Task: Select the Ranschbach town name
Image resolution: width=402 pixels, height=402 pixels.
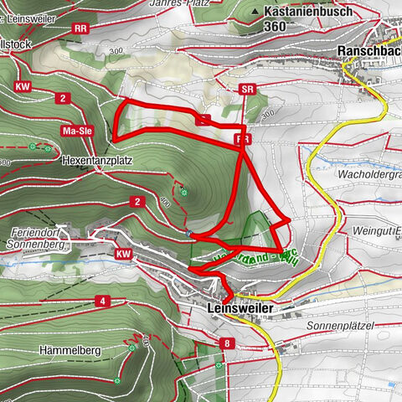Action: (x=369, y=51)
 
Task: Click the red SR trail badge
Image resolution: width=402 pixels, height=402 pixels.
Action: (x=246, y=89)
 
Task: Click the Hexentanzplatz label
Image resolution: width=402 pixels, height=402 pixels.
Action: (x=96, y=157)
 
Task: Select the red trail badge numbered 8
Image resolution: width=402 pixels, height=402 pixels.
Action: (x=226, y=343)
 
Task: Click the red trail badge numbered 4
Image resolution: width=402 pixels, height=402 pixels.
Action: (x=101, y=301)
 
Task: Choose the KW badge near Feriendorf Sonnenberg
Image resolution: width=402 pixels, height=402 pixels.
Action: (x=124, y=253)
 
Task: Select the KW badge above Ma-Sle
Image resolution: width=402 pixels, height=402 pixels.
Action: (x=23, y=85)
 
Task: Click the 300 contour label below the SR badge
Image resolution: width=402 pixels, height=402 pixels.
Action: (x=266, y=114)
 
